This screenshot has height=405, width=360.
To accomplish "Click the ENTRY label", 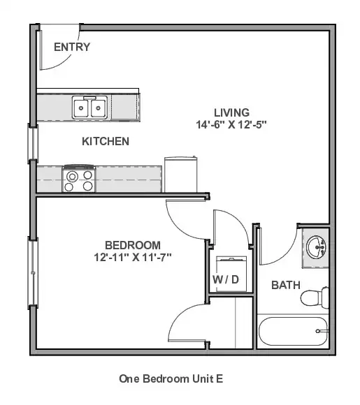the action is [x=72, y=47].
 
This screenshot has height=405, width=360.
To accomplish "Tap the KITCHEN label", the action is [x=106, y=142].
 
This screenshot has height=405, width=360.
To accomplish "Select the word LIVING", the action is [x=231, y=112].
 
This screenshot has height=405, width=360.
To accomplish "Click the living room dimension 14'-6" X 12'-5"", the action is [x=231, y=125].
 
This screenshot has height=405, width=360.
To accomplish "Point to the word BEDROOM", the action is [x=133, y=245].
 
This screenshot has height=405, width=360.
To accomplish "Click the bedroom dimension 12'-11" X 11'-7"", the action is [x=133, y=257].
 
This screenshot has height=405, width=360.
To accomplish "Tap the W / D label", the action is [x=226, y=279].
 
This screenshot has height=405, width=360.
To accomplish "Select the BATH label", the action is [x=286, y=285].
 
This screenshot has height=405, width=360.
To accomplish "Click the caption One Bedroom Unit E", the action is [x=171, y=379].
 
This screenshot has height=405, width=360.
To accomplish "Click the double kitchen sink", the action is [x=89, y=108].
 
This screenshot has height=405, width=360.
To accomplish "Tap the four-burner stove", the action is [x=78, y=179].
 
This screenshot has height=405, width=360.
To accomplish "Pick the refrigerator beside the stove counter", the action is [x=181, y=175].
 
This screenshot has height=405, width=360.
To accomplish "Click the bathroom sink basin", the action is [x=316, y=247].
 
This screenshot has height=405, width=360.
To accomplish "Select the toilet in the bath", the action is [x=315, y=297].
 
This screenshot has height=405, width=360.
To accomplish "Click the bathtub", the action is [x=293, y=331].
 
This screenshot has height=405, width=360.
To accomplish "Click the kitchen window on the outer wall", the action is [x=33, y=143].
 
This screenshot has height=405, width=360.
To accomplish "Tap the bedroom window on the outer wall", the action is [x=33, y=273].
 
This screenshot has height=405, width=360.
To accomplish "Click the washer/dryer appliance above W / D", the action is [x=231, y=274].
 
